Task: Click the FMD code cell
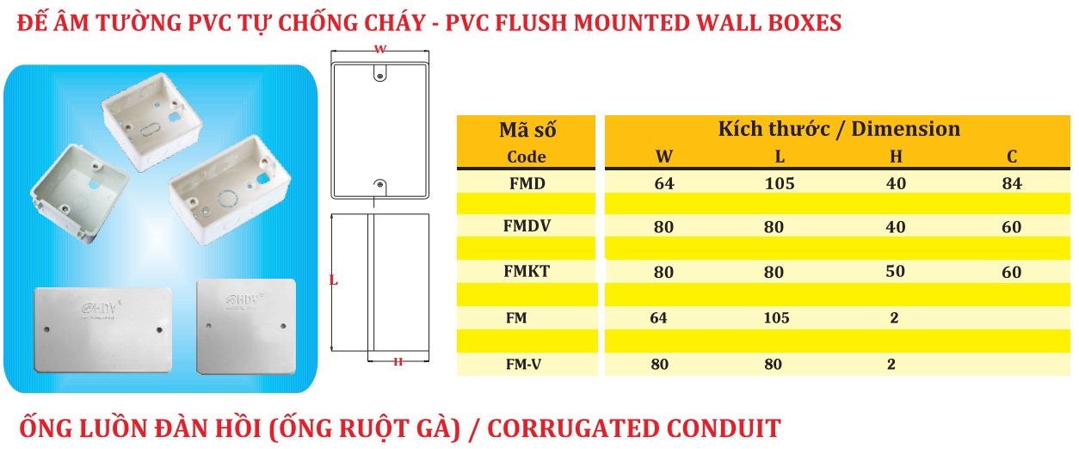(x=527, y=182)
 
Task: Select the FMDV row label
(x=527, y=227)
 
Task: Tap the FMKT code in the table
(x=527, y=272)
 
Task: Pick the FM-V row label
(x=524, y=364)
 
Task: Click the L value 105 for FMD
(x=779, y=183)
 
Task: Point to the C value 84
(x=1012, y=183)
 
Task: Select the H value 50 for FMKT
(x=895, y=272)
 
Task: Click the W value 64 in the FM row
(x=658, y=318)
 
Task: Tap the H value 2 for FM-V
(x=891, y=364)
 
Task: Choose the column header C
(x=1013, y=157)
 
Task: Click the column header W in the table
(x=664, y=157)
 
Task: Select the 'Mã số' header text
(x=527, y=131)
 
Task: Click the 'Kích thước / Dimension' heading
(x=839, y=129)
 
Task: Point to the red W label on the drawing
(x=379, y=50)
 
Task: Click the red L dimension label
(x=333, y=280)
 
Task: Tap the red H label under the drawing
(x=398, y=362)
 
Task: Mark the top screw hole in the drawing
(x=379, y=76)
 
